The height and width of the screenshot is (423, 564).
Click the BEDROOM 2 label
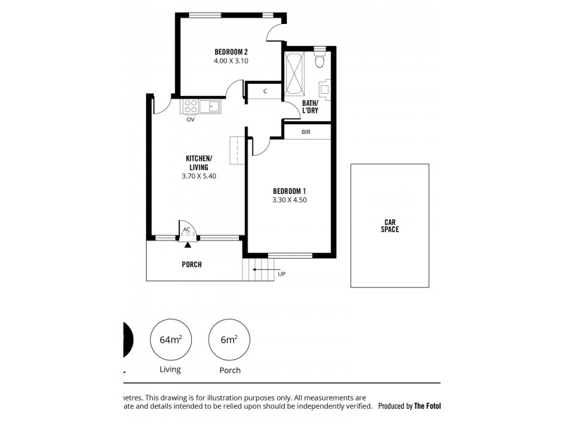(x=231, y=51)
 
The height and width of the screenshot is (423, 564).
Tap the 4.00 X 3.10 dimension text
(x=231, y=61)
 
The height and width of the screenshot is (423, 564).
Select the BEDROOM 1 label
(x=289, y=190)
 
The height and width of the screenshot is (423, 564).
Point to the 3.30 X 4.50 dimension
(x=289, y=200)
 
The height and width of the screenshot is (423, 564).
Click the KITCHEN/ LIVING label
(x=198, y=162)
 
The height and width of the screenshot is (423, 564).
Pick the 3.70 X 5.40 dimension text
(x=198, y=176)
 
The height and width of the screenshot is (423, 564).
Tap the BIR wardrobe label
(x=305, y=132)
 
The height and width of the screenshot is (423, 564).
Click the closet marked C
(x=264, y=92)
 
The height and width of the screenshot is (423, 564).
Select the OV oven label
(x=190, y=120)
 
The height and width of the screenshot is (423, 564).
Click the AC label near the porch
(x=187, y=230)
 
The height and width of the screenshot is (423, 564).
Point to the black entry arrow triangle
(x=188, y=245)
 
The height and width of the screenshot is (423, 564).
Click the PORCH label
(x=191, y=265)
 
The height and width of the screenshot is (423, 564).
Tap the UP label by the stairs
(x=282, y=274)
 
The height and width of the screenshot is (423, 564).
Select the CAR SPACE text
(x=390, y=226)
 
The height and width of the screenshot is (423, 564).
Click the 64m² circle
(x=171, y=340)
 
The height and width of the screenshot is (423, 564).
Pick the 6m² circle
(x=229, y=340)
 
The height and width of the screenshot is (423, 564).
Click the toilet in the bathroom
(x=320, y=61)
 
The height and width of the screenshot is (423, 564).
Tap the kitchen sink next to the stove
(x=210, y=106)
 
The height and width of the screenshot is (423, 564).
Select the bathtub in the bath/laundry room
(x=295, y=73)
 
